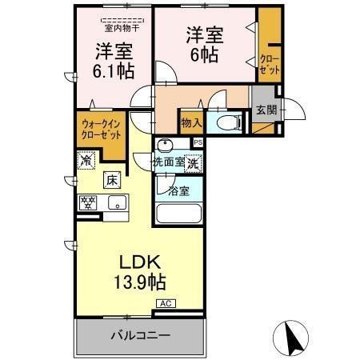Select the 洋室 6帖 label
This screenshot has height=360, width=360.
pyautogui.click(x=205, y=45)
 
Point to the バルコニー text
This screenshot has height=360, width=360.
pyautogui.click(x=139, y=335)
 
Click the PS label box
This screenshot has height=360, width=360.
pyautogui.click(x=198, y=142)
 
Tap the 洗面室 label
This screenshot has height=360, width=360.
pyautogui.click(x=169, y=162)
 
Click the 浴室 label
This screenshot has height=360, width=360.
pyautogui.click(x=180, y=191)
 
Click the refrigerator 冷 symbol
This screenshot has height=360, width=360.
pyautogui.click(x=86, y=160)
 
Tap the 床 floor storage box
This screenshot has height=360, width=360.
pyautogui.click(x=114, y=179)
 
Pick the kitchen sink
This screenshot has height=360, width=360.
pyautogui.click(x=117, y=202)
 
